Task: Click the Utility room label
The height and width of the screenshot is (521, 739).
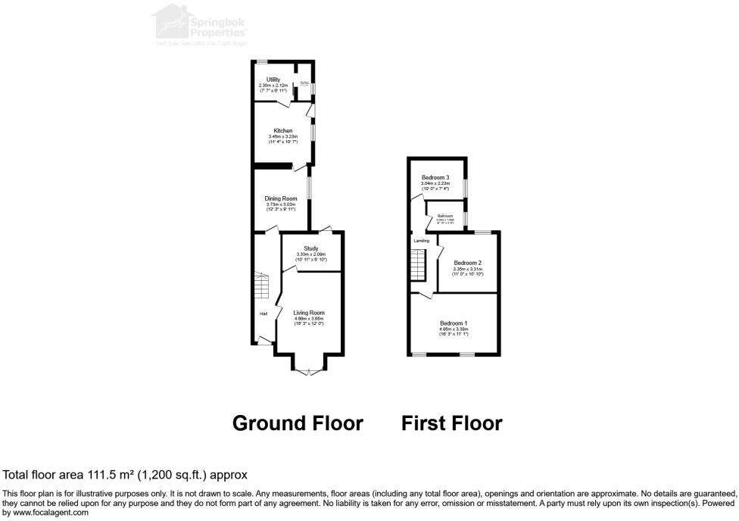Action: coord(273,80)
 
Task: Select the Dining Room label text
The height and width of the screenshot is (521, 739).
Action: coord(280,198)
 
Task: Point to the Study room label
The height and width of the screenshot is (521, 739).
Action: coord(310,248)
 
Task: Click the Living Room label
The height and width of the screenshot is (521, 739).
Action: coord(309,313)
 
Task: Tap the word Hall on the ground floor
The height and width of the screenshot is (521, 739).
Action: coord(263,314)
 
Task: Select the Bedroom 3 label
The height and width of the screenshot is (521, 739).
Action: coord(435,177)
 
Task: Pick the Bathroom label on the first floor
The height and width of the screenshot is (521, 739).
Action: coord(445,216)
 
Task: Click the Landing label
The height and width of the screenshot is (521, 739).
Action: coord(422,241)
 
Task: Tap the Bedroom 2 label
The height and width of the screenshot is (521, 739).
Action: coord(467,263)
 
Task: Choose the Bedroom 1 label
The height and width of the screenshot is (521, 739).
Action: coord(454,323)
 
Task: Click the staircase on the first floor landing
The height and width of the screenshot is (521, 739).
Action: coord(419,266)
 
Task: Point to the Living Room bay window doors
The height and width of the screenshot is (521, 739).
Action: coord(309,370)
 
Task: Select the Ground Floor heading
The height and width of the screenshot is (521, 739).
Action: coord(297,423)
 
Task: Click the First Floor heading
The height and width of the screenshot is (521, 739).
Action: coord(451,423)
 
